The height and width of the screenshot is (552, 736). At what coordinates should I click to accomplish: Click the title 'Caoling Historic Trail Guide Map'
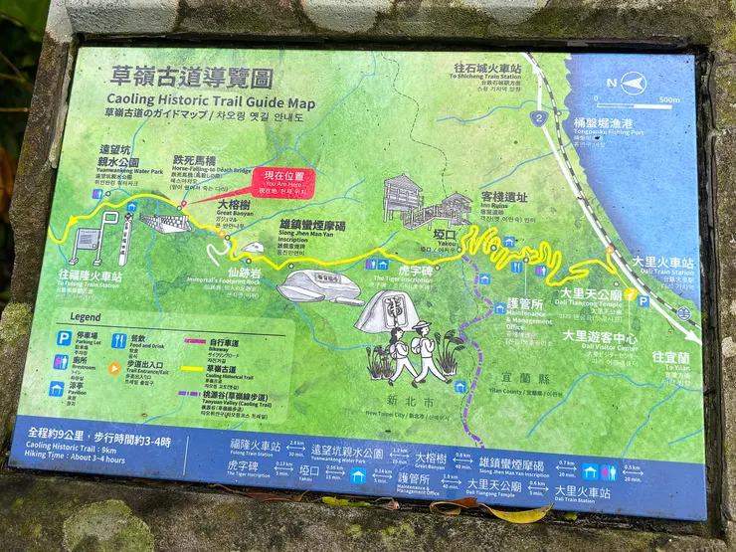211,101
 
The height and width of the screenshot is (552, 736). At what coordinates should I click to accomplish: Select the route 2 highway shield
538,118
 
